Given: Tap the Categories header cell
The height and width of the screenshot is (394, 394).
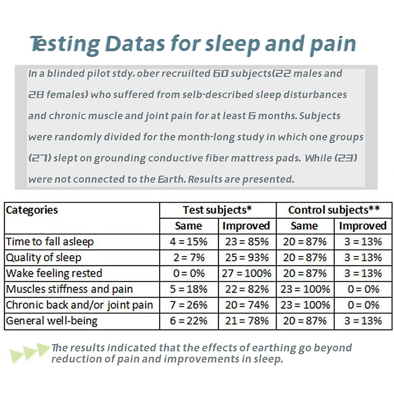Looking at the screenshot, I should (32, 210).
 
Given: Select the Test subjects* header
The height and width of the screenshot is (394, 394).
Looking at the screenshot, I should (217, 210).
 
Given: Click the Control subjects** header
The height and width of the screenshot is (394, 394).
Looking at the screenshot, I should (334, 210).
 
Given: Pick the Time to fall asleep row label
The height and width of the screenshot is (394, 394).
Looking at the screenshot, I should (50, 242).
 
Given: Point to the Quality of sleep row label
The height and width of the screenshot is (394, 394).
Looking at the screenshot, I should (44, 258).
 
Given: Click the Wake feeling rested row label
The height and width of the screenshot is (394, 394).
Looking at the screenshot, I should (54, 274).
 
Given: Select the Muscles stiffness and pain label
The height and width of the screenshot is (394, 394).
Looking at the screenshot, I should (69, 289).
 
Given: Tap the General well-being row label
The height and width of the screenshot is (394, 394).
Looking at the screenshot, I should (52, 321).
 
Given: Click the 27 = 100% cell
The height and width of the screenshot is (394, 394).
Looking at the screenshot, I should (247, 274).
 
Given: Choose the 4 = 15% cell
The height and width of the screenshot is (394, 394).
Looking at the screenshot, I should (188, 242).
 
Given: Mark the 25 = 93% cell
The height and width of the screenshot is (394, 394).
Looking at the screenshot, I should (247, 258).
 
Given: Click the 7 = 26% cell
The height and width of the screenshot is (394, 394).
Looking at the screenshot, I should (188, 305).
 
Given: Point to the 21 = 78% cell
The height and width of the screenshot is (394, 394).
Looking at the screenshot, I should (247, 321).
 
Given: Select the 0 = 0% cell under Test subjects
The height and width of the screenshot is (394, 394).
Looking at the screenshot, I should (188, 274).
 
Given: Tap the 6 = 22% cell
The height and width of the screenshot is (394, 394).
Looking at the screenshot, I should (188, 321).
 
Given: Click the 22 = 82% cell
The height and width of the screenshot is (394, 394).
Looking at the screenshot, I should (247, 289).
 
